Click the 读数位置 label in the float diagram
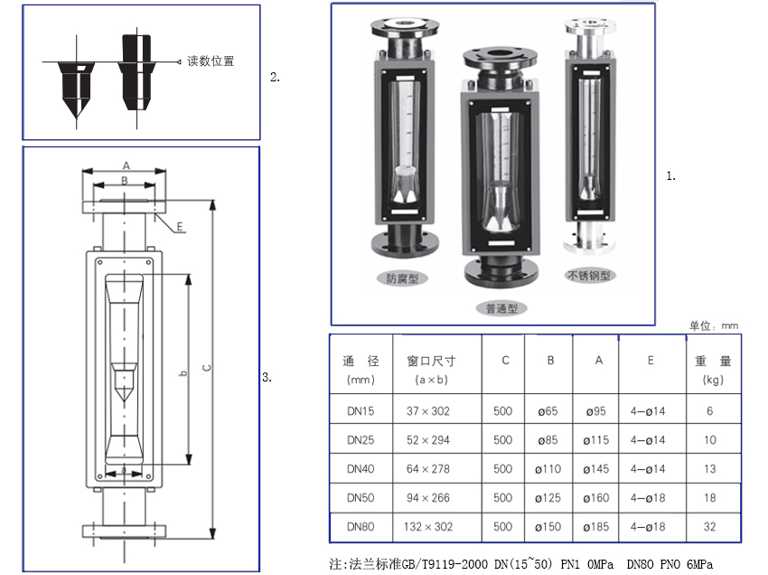[x=211, y=61]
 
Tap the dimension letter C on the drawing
[x=206, y=367]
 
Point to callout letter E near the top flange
[x=180, y=226]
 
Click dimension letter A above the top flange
[x=126, y=165]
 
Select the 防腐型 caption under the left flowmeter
[x=402, y=278]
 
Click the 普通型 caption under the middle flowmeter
[x=501, y=308]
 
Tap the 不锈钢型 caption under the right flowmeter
[x=588, y=276]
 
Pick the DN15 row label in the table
[x=360, y=411]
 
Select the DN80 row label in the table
[x=360, y=526]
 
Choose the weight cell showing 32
[x=709, y=526]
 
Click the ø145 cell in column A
[x=596, y=469]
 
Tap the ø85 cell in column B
[x=548, y=440]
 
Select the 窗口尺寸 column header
[x=431, y=361]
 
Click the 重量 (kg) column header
[x=712, y=370]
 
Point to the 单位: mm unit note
[x=713, y=325]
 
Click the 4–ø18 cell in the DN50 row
[x=650, y=497]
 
